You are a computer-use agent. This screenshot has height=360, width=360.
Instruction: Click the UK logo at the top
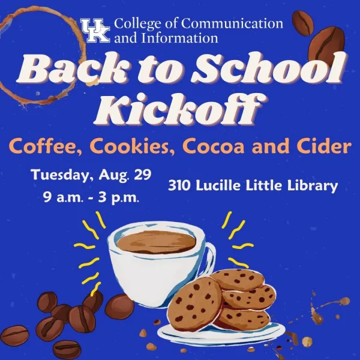point(95,30)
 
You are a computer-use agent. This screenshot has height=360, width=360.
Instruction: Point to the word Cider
point(323,146)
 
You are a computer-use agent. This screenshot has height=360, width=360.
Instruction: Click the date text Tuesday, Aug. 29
point(91,175)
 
